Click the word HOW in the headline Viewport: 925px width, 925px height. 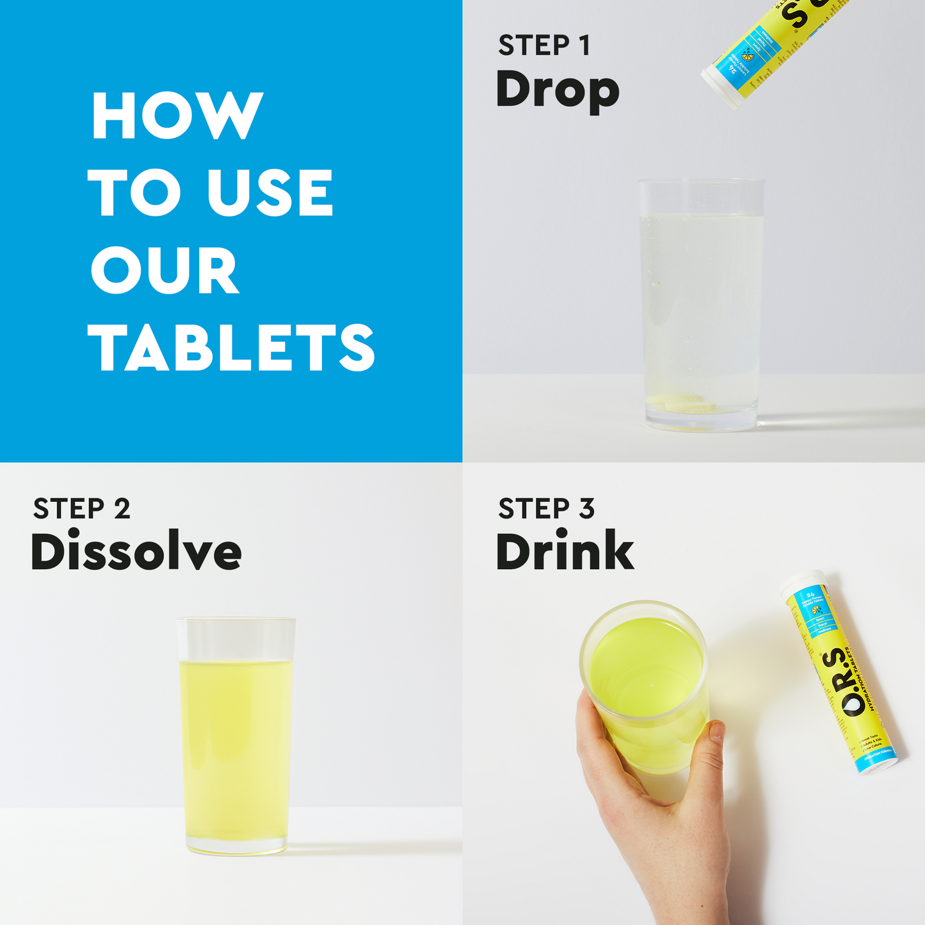pyautogui.click(x=177, y=116)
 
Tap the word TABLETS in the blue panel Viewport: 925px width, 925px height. pyautogui.click(x=231, y=347)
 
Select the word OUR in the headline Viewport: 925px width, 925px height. pyautogui.click(x=165, y=271)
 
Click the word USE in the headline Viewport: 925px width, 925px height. pyautogui.click(x=269, y=193)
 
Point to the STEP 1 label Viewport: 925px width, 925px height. pyautogui.click(x=544, y=46)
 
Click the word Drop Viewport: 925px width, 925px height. pyautogui.click(x=557, y=91)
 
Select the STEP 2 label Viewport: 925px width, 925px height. pyautogui.click(x=81, y=510)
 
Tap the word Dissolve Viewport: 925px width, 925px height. pyautogui.click(x=136, y=552)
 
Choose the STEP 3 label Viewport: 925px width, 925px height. pyautogui.click(x=546, y=510)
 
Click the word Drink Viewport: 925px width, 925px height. pyautogui.click(x=565, y=552)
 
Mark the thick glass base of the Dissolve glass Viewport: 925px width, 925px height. pyautogui.click(x=237, y=846)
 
